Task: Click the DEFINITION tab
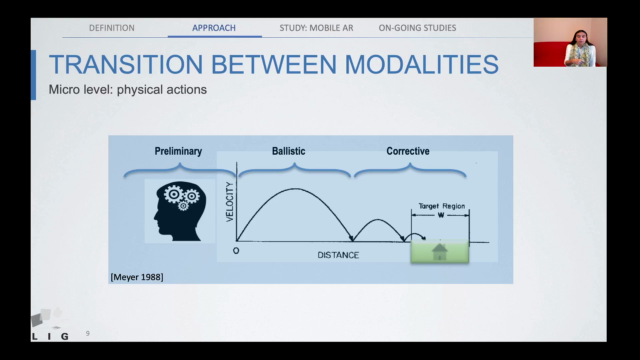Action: coord(112,28)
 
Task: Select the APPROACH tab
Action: coord(215,28)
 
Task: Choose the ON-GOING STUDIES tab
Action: coord(418,28)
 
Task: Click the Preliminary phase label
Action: coord(178,151)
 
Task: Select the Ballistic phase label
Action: coord(288,151)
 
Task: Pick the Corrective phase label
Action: coord(408,151)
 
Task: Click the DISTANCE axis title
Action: coord(338,254)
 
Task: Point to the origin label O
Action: coord(236,250)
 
